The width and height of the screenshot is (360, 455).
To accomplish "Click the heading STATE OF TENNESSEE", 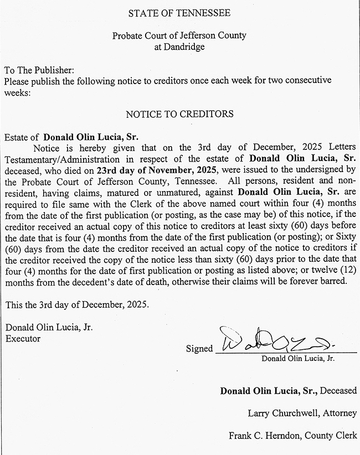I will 179,12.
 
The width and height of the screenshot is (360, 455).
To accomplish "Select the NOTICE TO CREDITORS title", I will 179,115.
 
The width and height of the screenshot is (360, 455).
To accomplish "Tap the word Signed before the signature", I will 199,349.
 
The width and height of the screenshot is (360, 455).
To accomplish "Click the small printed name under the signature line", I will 299,359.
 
